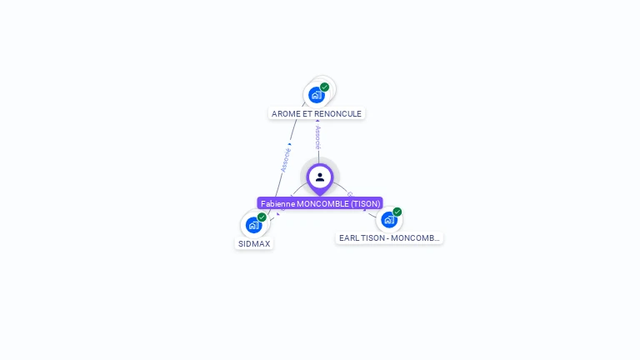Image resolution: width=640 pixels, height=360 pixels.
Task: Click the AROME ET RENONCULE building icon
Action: coord(316,95)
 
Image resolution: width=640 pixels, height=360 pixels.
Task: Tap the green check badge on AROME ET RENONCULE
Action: coord(324,87)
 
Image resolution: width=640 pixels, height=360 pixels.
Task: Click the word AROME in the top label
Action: coord(286,113)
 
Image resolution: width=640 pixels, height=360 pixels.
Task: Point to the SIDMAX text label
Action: coord(254,244)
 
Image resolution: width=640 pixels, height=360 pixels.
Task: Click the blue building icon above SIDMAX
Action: coord(253,225)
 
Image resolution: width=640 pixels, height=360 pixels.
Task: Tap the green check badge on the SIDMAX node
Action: coord(262,217)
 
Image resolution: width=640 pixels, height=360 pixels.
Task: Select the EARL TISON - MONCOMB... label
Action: coord(389,238)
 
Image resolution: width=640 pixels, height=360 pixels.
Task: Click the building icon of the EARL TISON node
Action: coord(388,220)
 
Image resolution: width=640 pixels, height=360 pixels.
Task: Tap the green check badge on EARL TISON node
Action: coord(397,212)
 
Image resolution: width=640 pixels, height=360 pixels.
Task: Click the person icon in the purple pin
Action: coord(320,177)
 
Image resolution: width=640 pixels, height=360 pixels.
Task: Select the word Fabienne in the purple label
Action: coord(278,203)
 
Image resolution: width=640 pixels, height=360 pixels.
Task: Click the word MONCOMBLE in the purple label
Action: coord(322,203)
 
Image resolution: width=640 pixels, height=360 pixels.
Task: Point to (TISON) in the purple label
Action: coord(365,203)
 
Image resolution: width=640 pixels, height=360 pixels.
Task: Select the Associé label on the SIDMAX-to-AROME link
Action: coord(286,159)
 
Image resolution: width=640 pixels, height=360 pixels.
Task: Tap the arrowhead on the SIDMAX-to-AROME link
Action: coord(289,143)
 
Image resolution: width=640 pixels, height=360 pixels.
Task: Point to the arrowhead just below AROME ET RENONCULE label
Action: coord(317,122)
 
